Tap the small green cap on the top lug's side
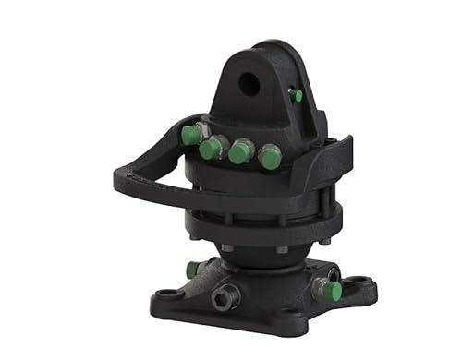[296, 95]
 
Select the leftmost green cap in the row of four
[190, 136]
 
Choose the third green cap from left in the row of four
[239, 152]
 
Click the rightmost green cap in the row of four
[269, 158]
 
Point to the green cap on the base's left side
[192, 270]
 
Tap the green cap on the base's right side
[332, 291]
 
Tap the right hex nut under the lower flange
[280, 250]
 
